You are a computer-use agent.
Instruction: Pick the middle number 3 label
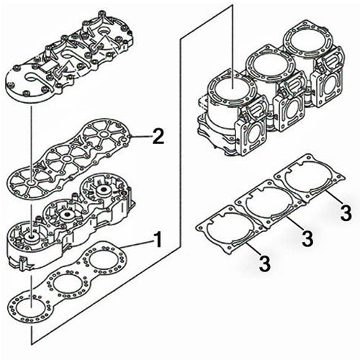[306, 237]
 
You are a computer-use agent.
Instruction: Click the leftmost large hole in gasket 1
[29, 308]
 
